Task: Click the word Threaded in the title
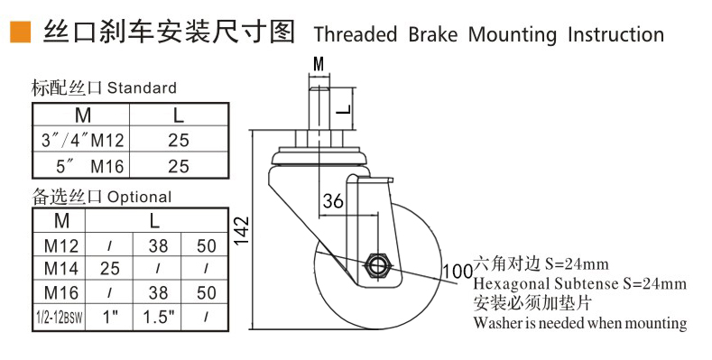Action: click(355, 35)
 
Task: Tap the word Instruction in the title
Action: click(615, 35)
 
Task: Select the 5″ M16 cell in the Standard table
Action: click(81, 166)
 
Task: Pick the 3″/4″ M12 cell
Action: click(81, 140)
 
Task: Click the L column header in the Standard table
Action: click(178, 115)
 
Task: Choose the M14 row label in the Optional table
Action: click(62, 268)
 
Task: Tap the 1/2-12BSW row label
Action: click(62, 317)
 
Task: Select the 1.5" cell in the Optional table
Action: click(158, 317)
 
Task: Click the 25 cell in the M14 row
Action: click(109, 268)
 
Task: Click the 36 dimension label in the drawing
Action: click(333, 202)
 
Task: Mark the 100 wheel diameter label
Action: click(458, 271)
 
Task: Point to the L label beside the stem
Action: click(342, 109)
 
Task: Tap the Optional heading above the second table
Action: click(139, 197)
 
